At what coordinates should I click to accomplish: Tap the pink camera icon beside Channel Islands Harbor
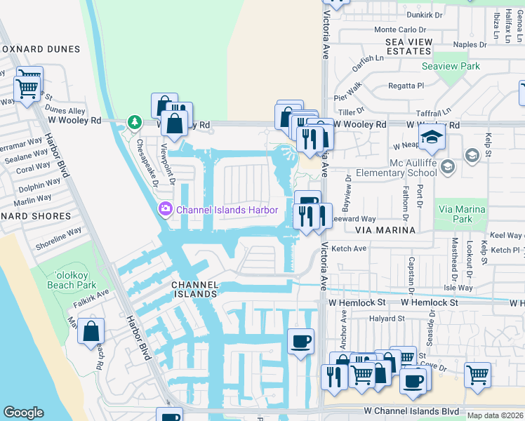pos(166,208)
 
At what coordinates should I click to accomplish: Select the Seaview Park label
pos(450,66)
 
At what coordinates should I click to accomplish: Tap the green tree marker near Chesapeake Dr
pos(133,122)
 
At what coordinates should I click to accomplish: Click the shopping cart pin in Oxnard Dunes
pos(27,88)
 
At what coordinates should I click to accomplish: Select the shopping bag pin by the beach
pos(91,332)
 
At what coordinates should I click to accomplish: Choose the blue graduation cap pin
pos(432,137)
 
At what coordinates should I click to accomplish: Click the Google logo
pos(23,413)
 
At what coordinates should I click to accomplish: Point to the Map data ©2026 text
pos(495,415)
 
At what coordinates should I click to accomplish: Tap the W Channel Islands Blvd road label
pos(411,411)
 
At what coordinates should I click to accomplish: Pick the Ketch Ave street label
pos(349,248)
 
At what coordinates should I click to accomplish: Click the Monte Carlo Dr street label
pos(400,29)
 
